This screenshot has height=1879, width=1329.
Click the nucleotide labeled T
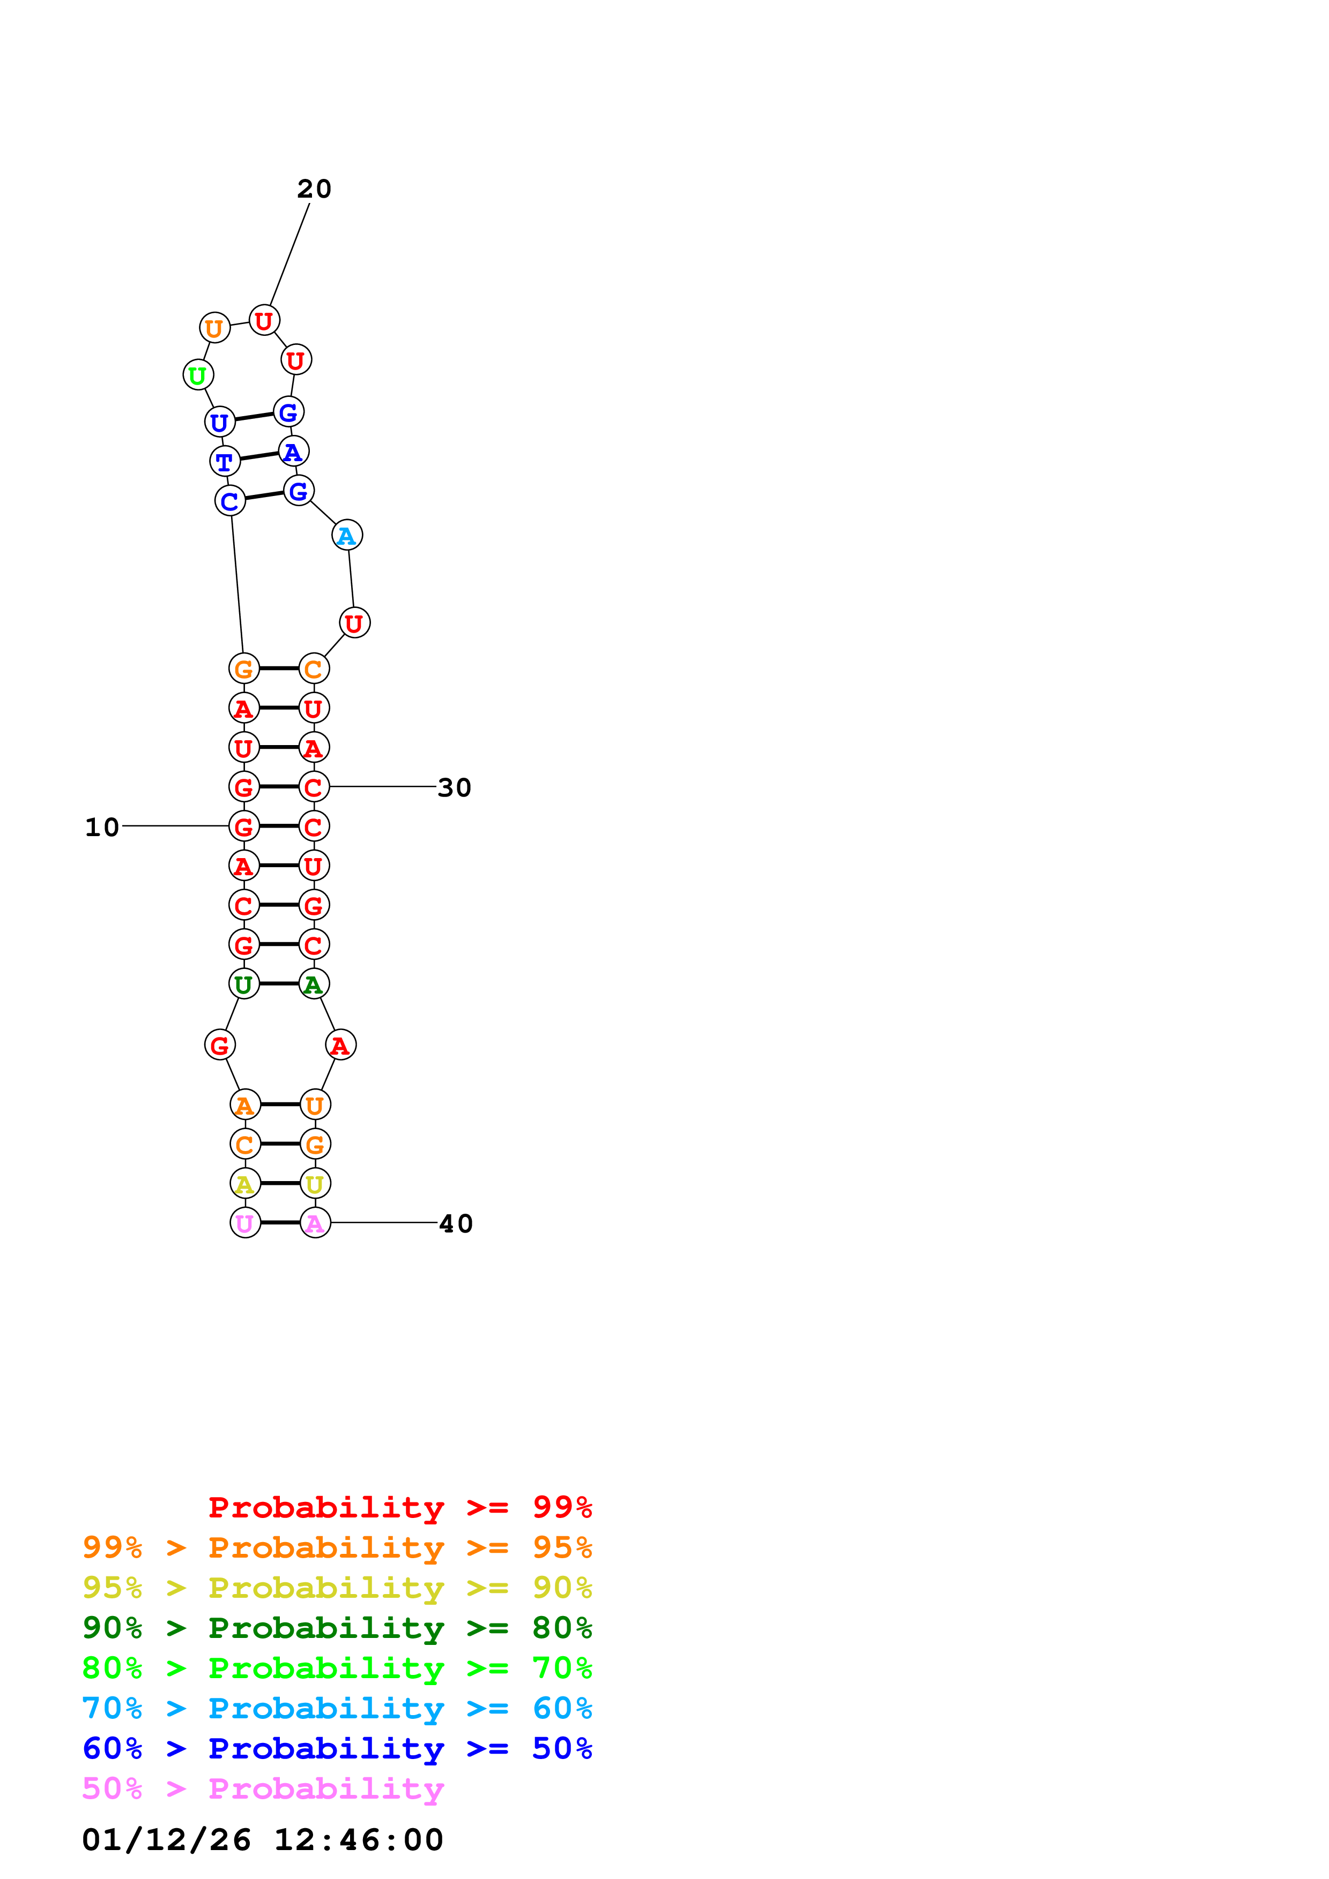pos(225,462)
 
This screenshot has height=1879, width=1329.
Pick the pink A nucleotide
pos(315,1223)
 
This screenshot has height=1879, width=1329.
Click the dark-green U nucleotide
pos(244,984)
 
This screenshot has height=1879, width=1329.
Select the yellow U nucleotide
pos(315,1183)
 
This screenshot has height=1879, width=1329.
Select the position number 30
pos(455,787)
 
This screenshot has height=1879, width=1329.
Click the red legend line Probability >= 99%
pos(399,1507)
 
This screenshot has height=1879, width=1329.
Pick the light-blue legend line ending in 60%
pos(337,1708)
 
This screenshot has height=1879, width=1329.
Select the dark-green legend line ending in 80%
pos(337,1628)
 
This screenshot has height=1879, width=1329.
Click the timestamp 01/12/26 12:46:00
pos(263,1840)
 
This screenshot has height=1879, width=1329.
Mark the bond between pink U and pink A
pos(280,1223)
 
